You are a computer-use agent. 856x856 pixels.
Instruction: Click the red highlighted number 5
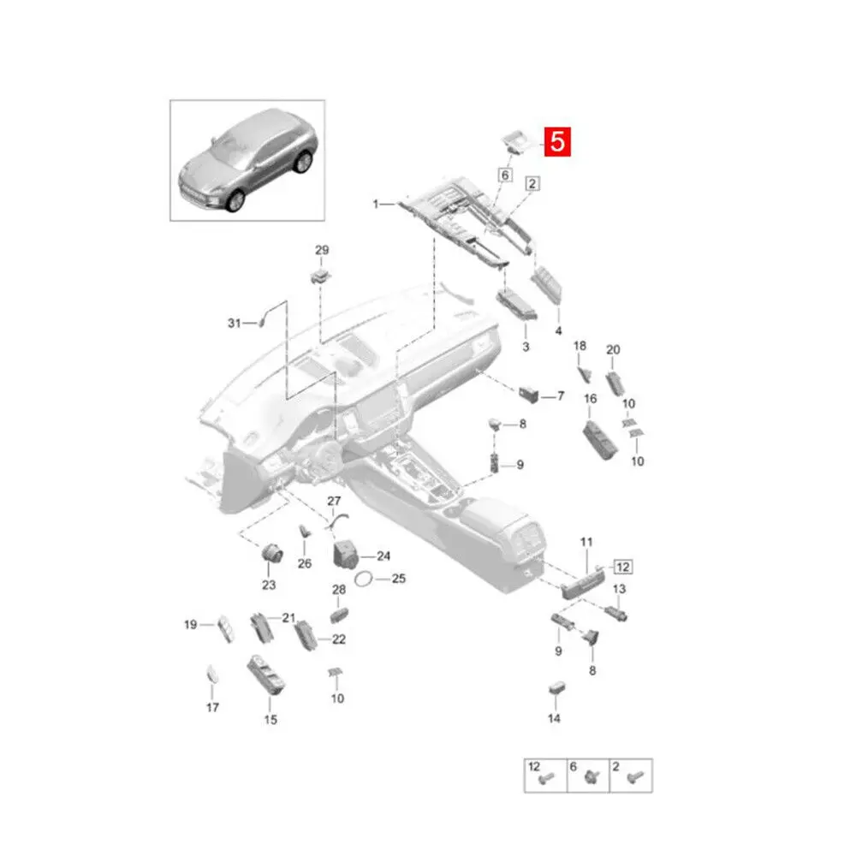click(x=556, y=141)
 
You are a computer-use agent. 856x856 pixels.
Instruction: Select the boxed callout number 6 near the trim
click(x=504, y=175)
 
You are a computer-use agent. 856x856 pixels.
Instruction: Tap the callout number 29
click(x=322, y=250)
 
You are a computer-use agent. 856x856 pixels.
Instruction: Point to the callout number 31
click(x=235, y=323)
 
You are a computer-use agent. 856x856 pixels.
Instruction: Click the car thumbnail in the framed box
click(x=247, y=160)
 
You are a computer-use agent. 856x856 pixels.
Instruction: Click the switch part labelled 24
click(x=347, y=554)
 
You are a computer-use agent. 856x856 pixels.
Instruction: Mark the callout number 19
click(x=190, y=624)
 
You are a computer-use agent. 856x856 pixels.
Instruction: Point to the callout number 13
click(x=619, y=589)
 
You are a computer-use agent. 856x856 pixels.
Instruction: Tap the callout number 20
click(x=612, y=349)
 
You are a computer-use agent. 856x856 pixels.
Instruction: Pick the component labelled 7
click(x=529, y=395)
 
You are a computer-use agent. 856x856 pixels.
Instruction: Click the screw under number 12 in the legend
click(x=544, y=778)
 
